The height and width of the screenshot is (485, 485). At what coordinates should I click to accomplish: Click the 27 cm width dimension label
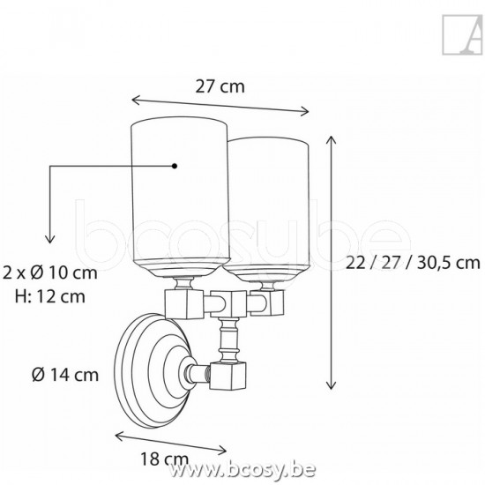[220, 86]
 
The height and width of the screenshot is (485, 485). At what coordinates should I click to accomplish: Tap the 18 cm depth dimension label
[164, 459]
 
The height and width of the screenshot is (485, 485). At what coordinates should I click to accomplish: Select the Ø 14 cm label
[65, 375]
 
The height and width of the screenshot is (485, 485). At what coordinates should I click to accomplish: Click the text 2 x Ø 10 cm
[49, 272]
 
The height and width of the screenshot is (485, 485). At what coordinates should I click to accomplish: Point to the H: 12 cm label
[50, 296]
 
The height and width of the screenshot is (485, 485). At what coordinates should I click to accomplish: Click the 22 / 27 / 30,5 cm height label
[413, 263]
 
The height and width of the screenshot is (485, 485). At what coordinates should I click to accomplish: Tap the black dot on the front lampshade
[175, 166]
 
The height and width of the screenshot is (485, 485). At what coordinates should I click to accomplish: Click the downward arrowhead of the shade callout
[49, 239]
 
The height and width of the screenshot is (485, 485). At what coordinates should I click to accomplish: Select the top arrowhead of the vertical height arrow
[331, 140]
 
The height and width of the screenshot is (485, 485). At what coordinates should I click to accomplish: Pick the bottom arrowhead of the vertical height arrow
[331, 385]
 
